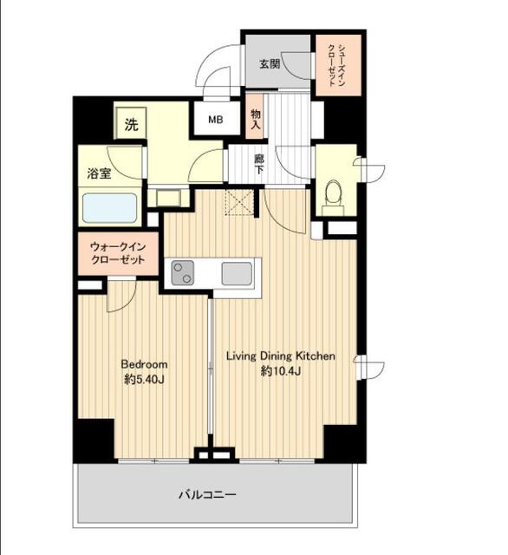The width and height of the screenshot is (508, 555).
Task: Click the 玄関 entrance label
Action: (270, 64)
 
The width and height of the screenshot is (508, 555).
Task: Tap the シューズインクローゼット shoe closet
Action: (339, 65)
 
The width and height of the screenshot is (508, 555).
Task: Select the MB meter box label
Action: (216, 120)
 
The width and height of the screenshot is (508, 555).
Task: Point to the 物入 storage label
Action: (256, 120)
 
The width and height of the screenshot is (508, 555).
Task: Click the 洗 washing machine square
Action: (131, 123)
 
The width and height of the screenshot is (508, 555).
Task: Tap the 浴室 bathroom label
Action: (99, 173)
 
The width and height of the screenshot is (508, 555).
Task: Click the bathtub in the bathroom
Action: (110, 208)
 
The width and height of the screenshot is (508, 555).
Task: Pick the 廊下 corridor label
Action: (259, 164)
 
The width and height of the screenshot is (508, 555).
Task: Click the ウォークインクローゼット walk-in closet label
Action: (118, 253)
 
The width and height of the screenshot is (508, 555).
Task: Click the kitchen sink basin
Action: (237, 273)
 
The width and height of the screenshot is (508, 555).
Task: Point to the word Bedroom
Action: (144, 364)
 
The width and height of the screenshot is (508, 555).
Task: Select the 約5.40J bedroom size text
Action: (144, 380)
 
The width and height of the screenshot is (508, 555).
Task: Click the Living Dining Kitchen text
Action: (281, 356)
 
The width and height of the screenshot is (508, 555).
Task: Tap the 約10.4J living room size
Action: (281, 371)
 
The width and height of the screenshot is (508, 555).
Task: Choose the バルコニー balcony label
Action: (207, 494)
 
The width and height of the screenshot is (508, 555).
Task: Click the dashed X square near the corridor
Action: (239, 202)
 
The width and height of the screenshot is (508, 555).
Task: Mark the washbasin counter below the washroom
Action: (168, 198)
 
